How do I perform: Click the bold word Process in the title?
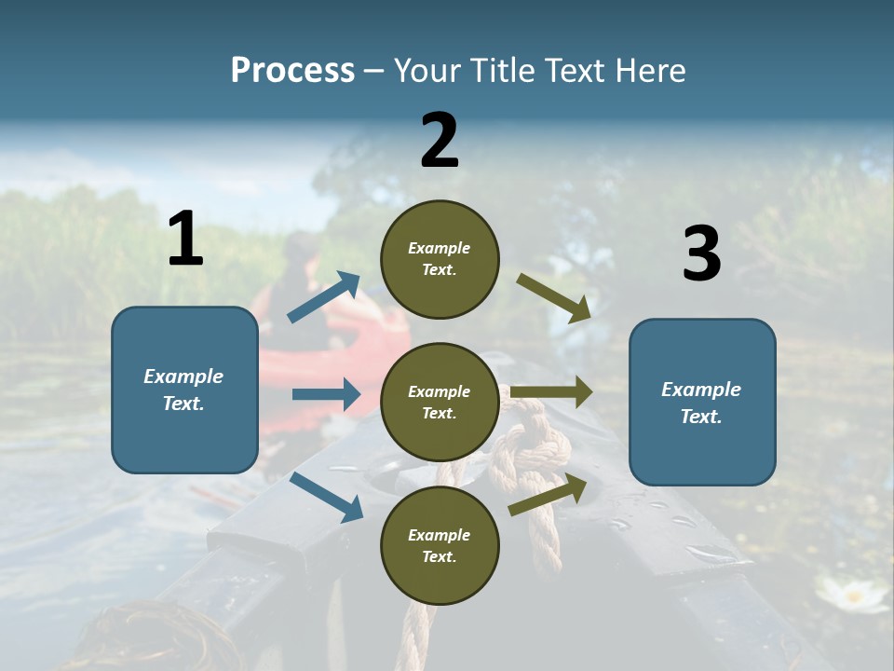292,71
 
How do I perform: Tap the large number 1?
185,240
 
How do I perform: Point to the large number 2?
440,141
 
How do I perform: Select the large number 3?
701,254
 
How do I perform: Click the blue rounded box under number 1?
184,390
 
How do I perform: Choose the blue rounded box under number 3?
702,403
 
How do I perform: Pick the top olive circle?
440,259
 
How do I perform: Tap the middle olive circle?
440,403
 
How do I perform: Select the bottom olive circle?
440,546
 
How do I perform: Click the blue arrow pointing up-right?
324,297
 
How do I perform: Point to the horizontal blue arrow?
326,394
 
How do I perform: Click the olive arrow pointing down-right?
554,298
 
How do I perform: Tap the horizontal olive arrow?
551,392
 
